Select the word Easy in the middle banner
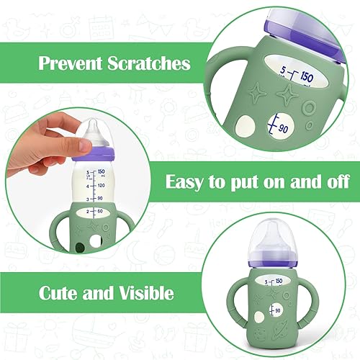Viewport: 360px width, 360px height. point(189,181)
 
